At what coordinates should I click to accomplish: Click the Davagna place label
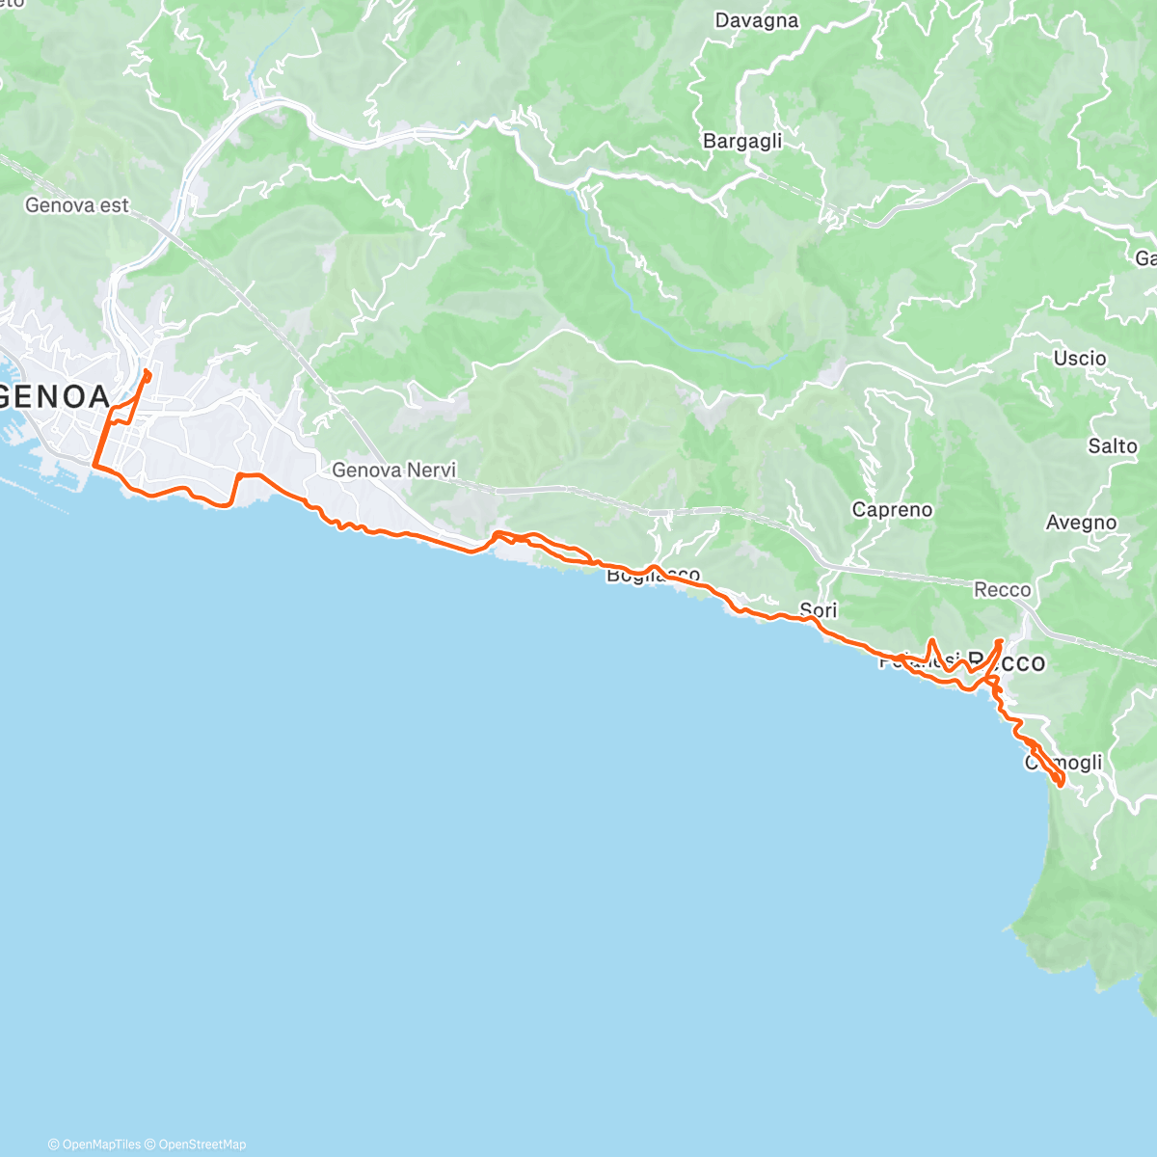click(757, 20)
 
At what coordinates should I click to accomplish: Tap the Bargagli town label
click(742, 142)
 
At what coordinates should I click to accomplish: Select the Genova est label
click(77, 205)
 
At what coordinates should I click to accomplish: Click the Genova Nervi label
click(393, 471)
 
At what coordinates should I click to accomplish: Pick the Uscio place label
click(1080, 359)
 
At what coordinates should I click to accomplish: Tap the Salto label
click(1113, 445)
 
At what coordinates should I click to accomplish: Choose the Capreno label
click(892, 510)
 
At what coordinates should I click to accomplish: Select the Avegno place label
click(1081, 523)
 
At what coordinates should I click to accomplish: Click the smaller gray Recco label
click(1002, 589)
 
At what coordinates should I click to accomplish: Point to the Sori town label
click(819, 610)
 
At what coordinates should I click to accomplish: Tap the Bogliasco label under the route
click(653, 577)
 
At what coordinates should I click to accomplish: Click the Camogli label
click(1063, 763)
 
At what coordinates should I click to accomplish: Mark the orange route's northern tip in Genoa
click(146, 371)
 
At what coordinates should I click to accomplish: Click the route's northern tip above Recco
click(1000, 641)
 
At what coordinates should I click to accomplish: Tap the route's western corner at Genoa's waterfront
click(94, 466)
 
